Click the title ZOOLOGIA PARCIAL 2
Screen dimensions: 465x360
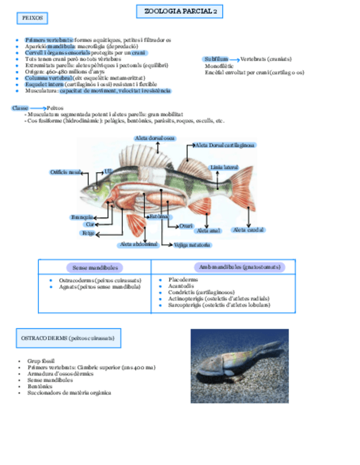(180, 12)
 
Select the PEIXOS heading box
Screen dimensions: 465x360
(32, 19)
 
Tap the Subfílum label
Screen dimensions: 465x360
(215, 59)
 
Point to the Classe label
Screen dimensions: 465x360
(20, 108)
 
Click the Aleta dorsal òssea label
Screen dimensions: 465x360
(155, 138)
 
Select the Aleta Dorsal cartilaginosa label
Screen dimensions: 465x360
(225, 145)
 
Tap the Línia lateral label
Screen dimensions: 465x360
(224, 167)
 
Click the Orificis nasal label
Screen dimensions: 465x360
(65, 172)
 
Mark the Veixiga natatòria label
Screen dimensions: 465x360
(192, 245)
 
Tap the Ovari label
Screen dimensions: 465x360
(186, 225)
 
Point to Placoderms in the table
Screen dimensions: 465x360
(183, 280)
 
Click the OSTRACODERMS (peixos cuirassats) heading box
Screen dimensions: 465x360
(68, 338)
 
